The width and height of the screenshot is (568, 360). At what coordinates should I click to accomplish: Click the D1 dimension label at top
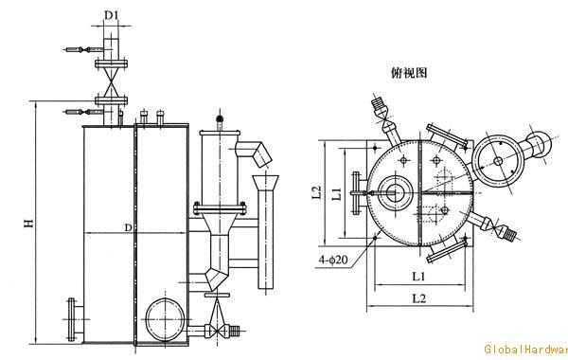click(x=111, y=16)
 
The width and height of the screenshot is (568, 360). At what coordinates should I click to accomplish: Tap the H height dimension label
click(x=29, y=224)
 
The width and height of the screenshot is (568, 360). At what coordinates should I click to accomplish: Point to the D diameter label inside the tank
click(x=129, y=227)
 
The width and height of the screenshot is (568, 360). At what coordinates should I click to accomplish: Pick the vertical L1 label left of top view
click(x=335, y=193)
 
